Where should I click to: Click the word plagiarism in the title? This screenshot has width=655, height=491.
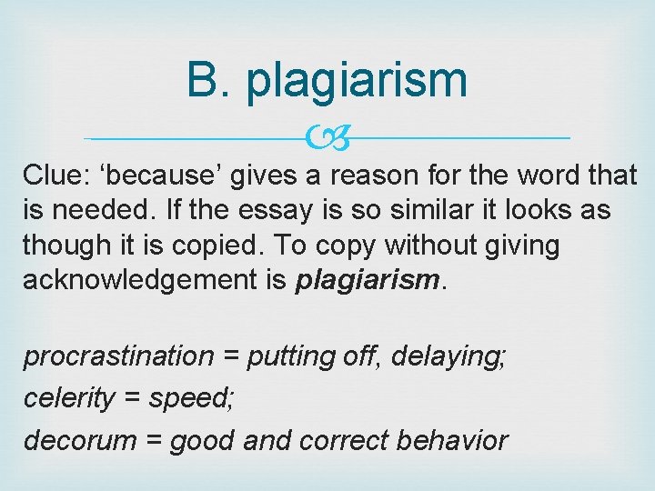click(357, 82)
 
